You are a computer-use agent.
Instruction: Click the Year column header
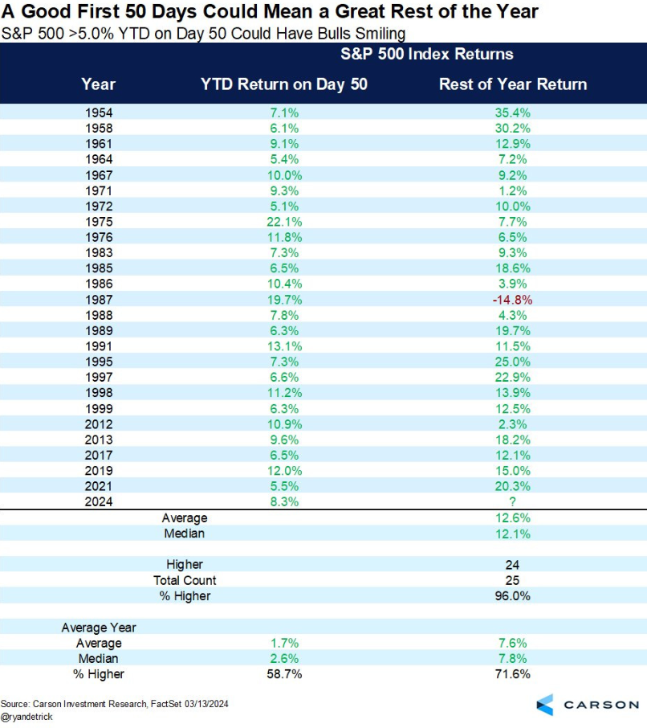[99, 84]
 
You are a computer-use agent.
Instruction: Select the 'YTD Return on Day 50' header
[283, 84]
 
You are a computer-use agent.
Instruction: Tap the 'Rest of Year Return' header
[513, 84]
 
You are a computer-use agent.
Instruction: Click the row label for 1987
[99, 300]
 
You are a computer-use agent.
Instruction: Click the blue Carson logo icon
[545, 704]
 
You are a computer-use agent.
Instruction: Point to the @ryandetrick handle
[26, 716]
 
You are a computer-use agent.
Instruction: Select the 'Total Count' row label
[185, 580]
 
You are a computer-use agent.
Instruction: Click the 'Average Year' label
[99, 628]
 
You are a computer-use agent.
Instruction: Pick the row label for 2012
[99, 424]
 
